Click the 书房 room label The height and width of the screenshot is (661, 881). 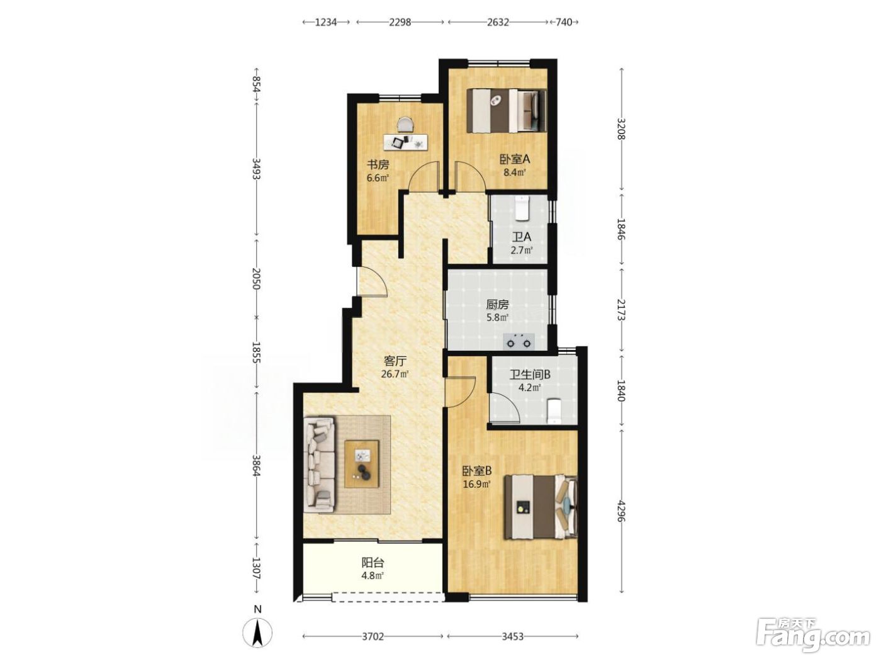point(378,164)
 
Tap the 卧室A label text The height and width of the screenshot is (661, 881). point(515,159)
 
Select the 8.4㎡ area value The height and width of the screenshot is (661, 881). point(515,173)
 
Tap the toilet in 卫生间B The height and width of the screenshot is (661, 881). point(554,410)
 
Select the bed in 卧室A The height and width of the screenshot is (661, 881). point(507,111)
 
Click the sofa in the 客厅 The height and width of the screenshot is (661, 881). point(320,465)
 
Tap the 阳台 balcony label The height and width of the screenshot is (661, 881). point(373,562)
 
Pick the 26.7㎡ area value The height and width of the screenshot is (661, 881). point(395,375)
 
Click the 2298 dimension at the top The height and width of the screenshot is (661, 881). point(400,22)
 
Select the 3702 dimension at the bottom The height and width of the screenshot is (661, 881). point(373,636)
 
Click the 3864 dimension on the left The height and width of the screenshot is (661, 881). point(257,465)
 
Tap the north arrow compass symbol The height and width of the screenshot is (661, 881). point(257,633)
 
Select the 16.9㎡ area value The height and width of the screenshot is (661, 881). point(477,484)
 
